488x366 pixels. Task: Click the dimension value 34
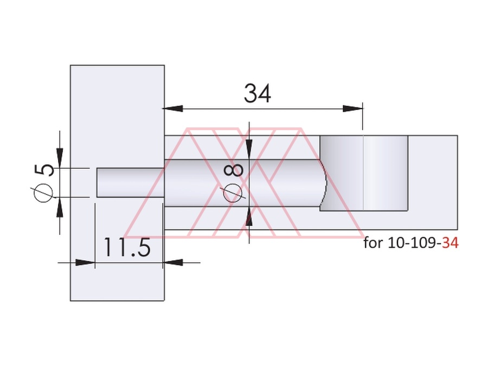(x=258, y=93)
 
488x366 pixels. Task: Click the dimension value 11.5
(x=127, y=247)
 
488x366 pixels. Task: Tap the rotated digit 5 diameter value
(x=44, y=170)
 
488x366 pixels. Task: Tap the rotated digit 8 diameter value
(x=233, y=170)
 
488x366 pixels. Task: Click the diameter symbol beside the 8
(x=233, y=193)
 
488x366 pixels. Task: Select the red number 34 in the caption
(x=451, y=243)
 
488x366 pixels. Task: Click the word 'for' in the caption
(x=373, y=242)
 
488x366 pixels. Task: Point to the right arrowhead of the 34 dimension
(x=352, y=108)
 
